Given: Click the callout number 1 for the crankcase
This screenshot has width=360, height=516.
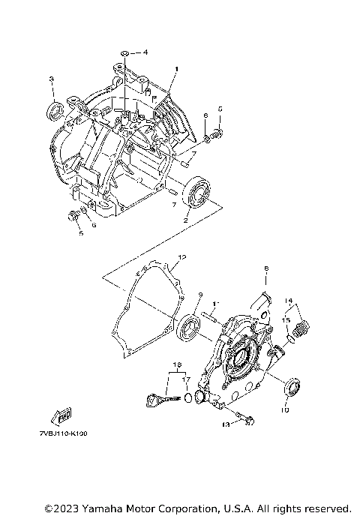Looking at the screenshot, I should [176, 69].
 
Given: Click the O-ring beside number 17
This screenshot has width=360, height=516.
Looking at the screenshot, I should [188, 396].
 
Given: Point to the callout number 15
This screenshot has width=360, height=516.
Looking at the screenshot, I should [285, 319].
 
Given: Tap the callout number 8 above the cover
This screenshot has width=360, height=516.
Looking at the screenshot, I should [265, 268].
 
